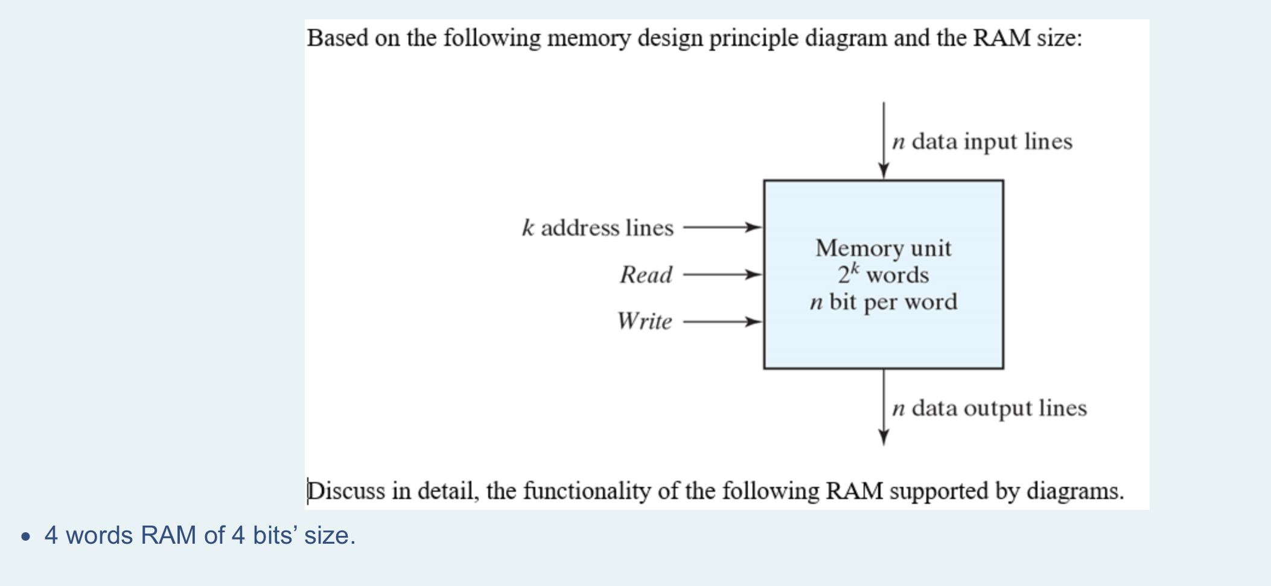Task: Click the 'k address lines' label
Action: [597, 228]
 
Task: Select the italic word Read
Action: [646, 275]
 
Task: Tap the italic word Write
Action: [645, 321]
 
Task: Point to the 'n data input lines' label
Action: [982, 141]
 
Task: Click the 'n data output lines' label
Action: [989, 408]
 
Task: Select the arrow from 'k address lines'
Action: [722, 228]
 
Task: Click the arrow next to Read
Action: [722, 275]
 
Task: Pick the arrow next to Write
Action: [722, 321]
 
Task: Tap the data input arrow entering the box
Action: [884, 140]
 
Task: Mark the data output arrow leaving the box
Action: [884, 407]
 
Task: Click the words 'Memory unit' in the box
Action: [884, 248]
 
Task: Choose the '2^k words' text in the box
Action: [884, 275]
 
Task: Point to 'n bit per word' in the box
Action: [884, 301]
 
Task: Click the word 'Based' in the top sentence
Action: [337, 38]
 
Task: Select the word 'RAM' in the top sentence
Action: [1002, 38]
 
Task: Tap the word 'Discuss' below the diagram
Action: [346, 491]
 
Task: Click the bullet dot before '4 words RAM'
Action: [25, 536]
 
